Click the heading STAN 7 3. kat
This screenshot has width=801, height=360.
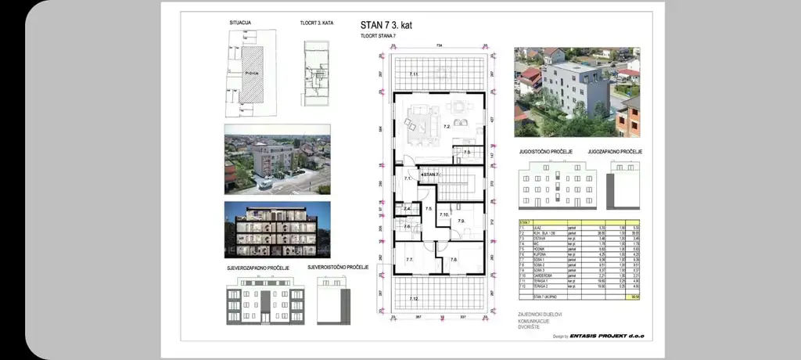point(386,25)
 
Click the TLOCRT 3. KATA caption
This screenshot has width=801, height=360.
point(317,23)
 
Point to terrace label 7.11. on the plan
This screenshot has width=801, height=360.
point(415,74)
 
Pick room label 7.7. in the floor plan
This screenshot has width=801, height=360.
point(408,259)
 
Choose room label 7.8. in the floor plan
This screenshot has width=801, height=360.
point(454,259)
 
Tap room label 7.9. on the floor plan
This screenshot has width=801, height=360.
point(462,221)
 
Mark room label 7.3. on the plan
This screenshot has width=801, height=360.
point(466,153)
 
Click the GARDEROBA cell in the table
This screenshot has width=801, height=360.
point(542,276)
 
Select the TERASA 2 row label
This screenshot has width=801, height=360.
point(541,287)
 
